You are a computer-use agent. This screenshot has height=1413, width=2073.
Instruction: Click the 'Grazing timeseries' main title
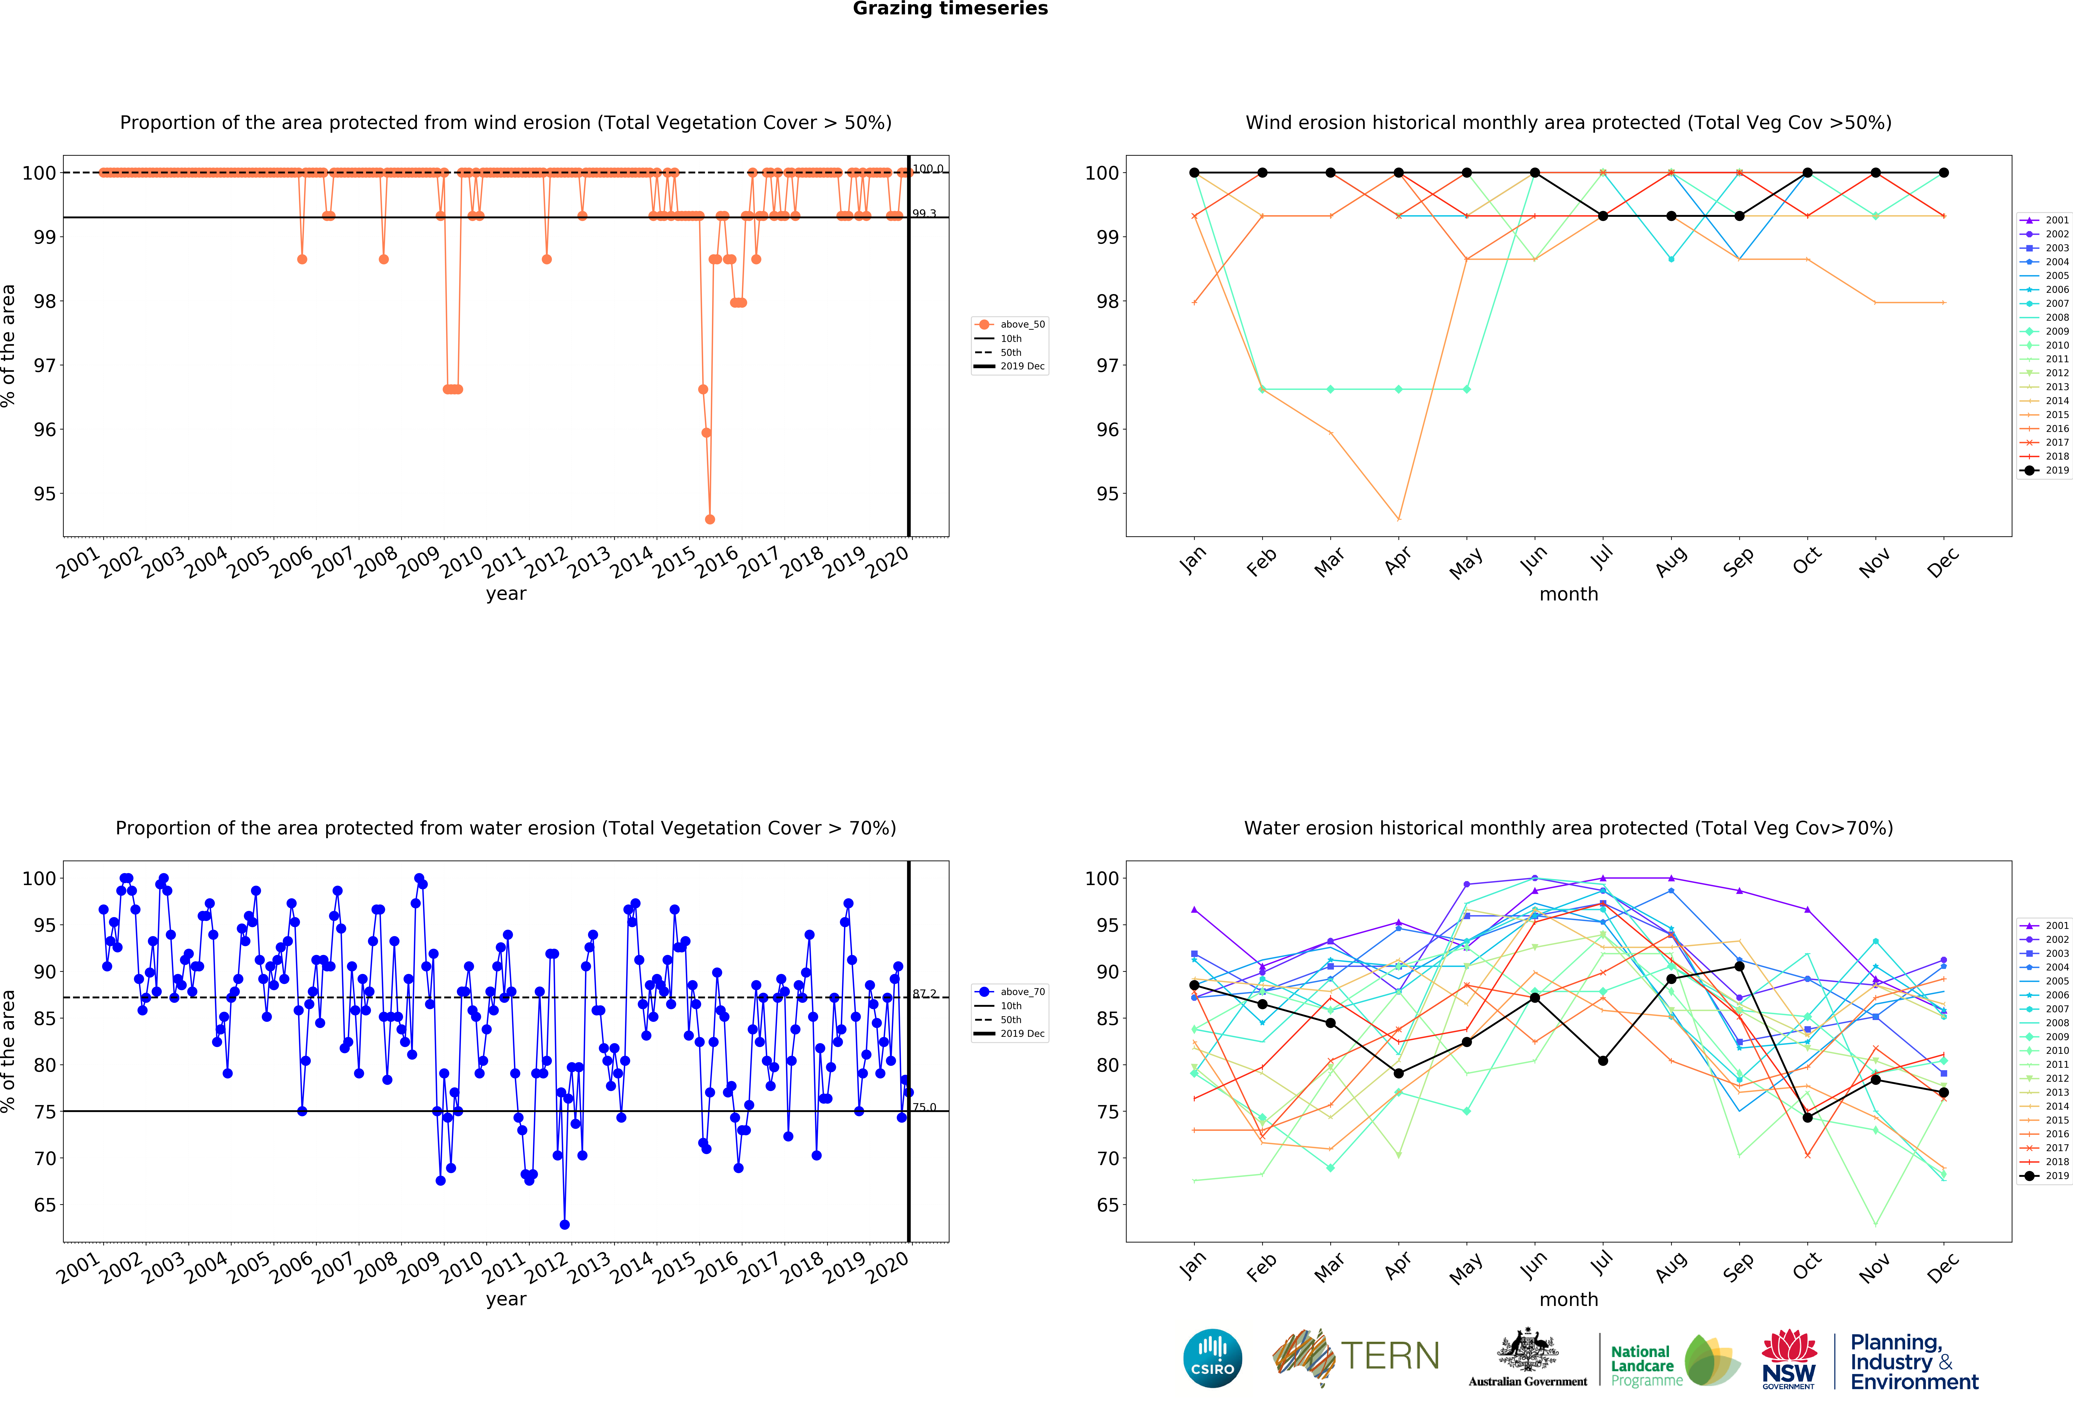click(x=950, y=9)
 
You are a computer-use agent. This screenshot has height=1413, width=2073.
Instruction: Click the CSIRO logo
click(x=1212, y=1359)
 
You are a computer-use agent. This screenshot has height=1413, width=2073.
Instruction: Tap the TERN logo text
click(x=1390, y=1356)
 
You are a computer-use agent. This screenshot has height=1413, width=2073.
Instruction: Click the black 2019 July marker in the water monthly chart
click(x=1603, y=1061)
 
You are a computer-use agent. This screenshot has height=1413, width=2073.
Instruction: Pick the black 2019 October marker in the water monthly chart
click(x=1807, y=1118)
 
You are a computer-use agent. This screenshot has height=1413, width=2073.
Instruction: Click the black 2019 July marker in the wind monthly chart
click(x=1603, y=216)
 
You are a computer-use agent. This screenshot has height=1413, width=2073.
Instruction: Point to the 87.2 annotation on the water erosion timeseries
click(x=924, y=994)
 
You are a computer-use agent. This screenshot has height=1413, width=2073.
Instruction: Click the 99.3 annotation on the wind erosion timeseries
click(x=924, y=214)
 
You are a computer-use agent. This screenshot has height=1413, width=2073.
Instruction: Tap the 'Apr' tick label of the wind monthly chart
click(x=1398, y=560)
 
